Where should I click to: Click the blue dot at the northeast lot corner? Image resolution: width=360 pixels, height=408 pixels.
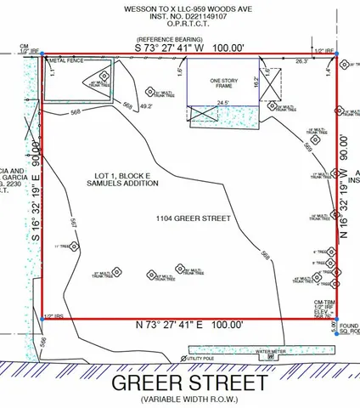[337, 54]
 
